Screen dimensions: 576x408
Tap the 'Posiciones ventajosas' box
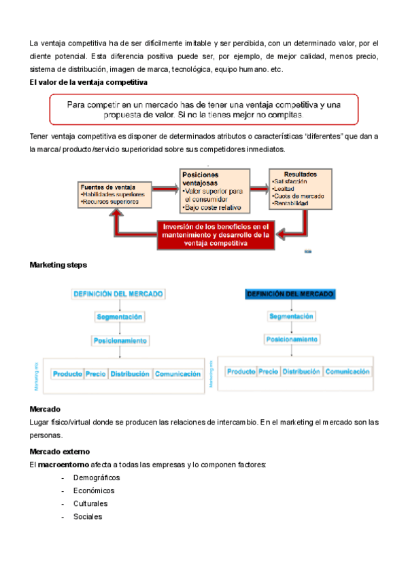coord(215,191)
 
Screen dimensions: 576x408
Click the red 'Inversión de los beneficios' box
coord(216,234)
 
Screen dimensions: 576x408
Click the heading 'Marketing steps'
coord(58,264)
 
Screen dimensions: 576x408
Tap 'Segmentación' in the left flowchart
coord(119,317)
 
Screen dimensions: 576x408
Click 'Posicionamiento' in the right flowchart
coord(290,338)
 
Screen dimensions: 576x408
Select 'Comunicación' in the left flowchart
coord(177,374)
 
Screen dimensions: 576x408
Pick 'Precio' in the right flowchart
coord(268,372)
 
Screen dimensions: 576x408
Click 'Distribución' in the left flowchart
coord(130,374)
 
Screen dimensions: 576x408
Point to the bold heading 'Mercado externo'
coord(60,452)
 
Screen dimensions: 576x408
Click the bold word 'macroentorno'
coord(63,465)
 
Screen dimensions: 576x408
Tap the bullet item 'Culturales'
coord(90,503)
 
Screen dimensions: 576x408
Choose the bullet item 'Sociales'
coord(88,516)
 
